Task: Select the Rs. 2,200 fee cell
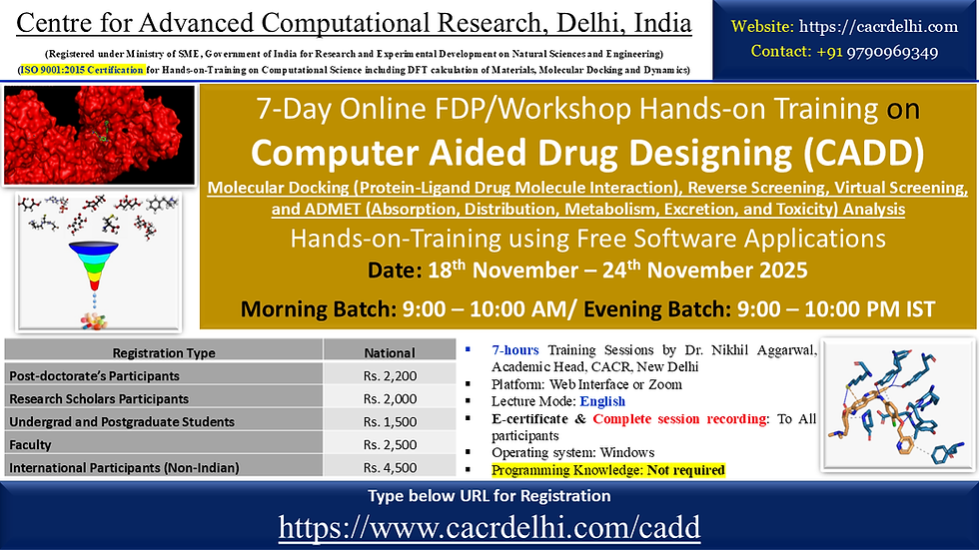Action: tap(390, 375)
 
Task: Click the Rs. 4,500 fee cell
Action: tap(390, 467)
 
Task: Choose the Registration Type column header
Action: tap(163, 352)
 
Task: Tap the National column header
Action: tap(390, 352)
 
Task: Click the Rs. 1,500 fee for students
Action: tap(390, 421)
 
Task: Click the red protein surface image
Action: tap(98, 135)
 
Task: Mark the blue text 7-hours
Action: tap(516, 349)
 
